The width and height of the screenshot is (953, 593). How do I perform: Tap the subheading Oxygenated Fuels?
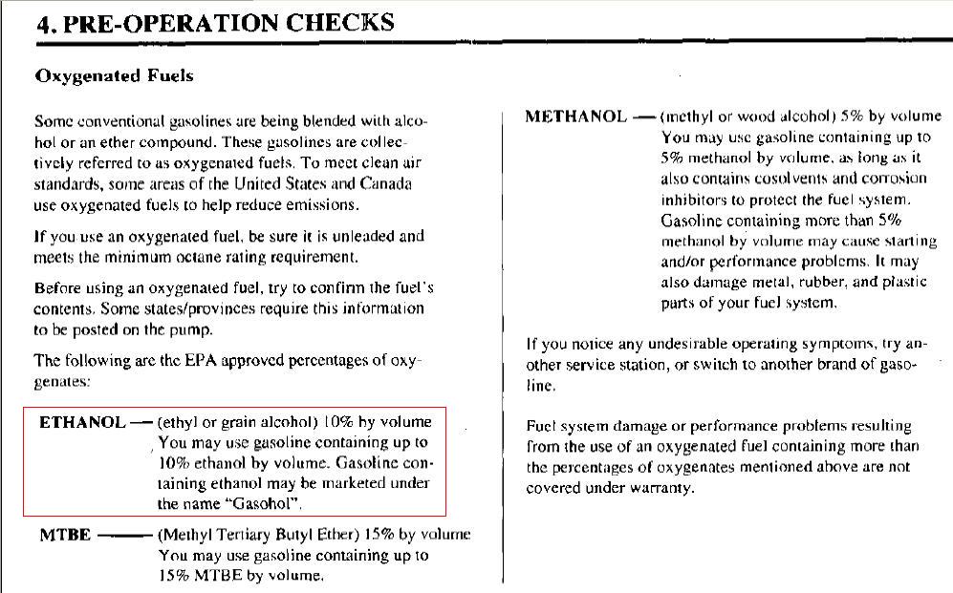pos(114,75)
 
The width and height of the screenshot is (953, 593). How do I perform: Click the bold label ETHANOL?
pos(82,421)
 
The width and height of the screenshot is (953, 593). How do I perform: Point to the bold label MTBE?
pos(64,535)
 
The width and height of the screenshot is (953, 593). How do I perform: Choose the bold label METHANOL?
pos(575,116)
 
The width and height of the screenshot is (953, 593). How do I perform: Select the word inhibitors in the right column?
pos(694,200)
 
